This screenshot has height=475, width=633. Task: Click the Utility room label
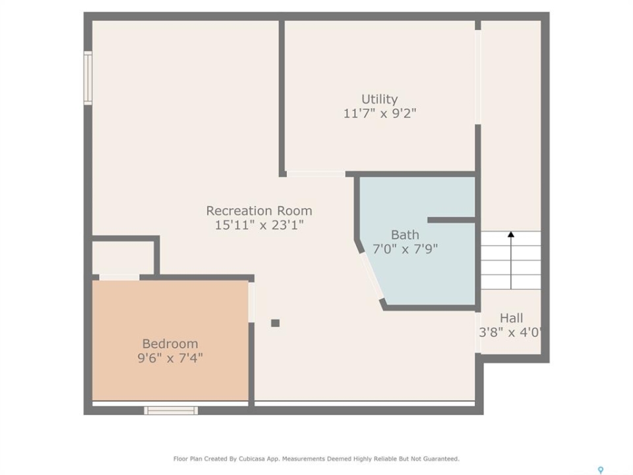pos(379,99)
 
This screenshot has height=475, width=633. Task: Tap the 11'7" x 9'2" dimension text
pos(380,113)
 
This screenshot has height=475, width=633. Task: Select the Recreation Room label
pos(258,210)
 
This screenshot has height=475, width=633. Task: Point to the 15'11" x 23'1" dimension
pos(258,224)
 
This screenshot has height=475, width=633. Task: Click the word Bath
pos(405,235)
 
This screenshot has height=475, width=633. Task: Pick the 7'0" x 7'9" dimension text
pos(405,249)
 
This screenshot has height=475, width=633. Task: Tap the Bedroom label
pos(170,344)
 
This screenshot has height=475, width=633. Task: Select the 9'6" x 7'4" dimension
pos(170,358)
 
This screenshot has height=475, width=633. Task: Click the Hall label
pos(512,318)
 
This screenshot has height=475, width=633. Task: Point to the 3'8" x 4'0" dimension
pos(510,332)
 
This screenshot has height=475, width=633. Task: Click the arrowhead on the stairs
pos(511,234)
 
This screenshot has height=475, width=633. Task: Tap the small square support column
pos(276,323)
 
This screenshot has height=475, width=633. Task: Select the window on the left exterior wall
pos(88,78)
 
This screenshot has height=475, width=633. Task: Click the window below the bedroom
pos(171,410)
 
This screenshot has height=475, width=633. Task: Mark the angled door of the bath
pos(372,276)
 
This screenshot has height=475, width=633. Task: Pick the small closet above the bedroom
pos(123,258)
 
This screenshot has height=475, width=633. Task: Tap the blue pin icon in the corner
pos(601,470)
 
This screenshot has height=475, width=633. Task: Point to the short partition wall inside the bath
pos(451,220)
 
